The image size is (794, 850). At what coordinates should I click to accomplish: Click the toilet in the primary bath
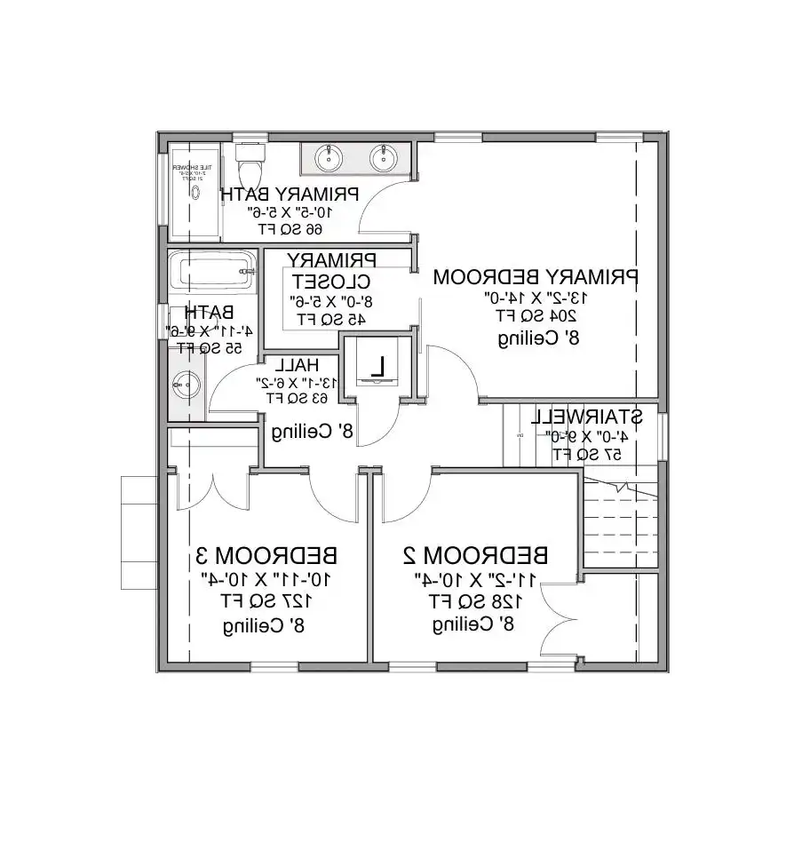[250, 165]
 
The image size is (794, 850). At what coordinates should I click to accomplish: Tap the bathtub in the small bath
[212, 272]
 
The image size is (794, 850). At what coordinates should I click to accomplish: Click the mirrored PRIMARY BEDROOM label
[536, 277]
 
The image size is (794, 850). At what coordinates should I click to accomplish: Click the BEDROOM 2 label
[475, 555]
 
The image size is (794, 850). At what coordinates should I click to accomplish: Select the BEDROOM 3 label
[266, 556]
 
